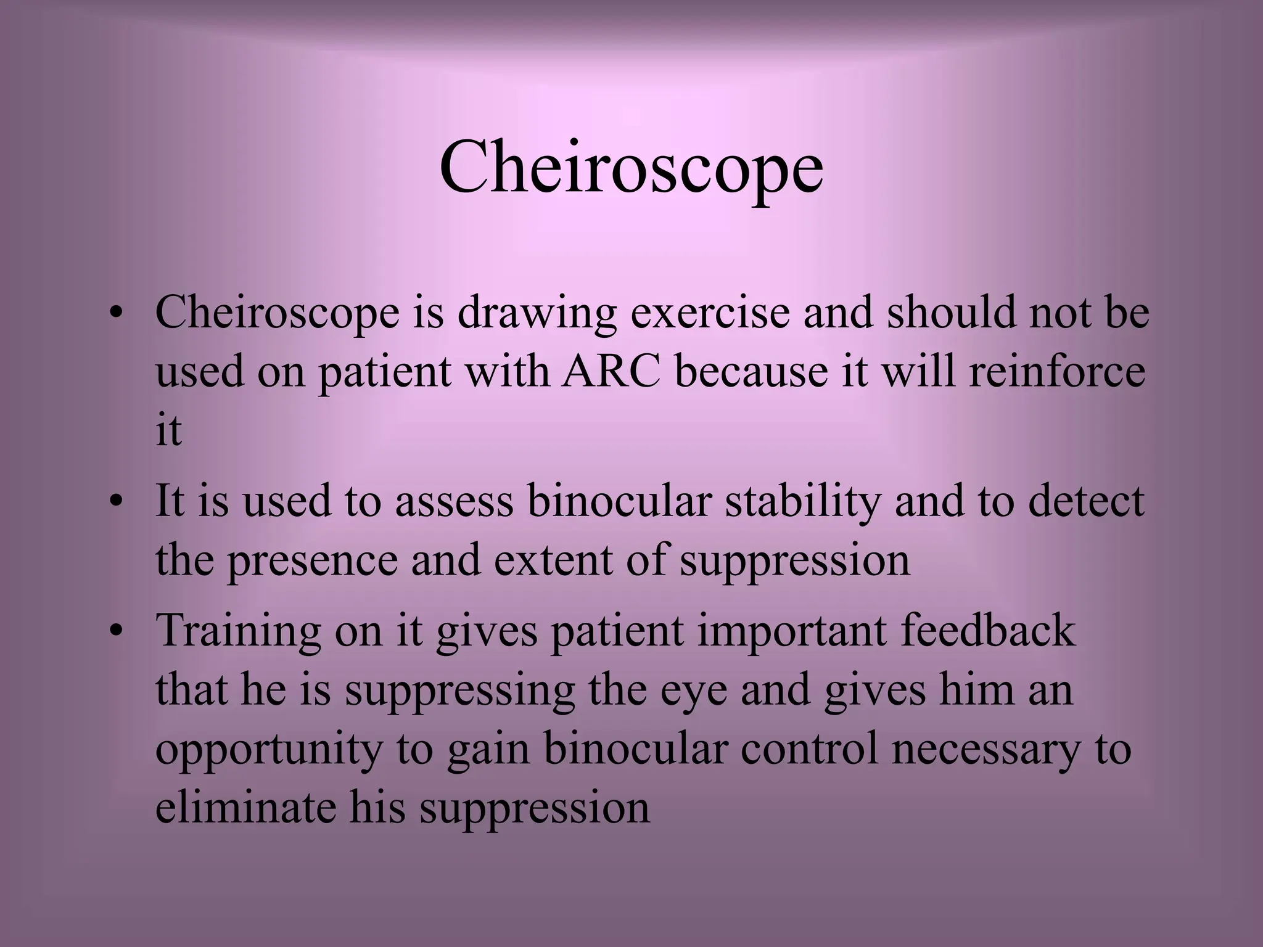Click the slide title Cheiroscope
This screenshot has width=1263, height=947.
pyautogui.click(x=631, y=168)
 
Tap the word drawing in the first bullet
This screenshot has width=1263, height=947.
pyautogui.click(x=537, y=313)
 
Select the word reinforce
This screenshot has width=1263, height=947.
pyautogui.click(x=1057, y=372)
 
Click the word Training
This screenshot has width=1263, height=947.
pyautogui.click(x=238, y=631)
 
